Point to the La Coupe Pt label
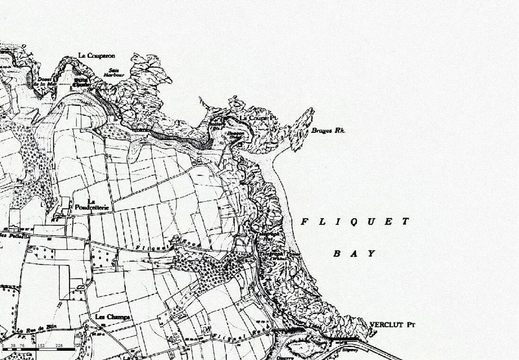255,118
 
